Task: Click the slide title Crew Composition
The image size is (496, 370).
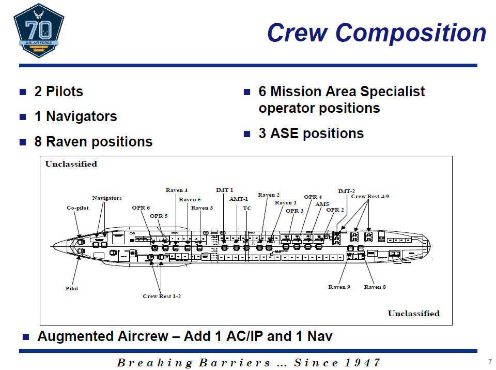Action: (376, 32)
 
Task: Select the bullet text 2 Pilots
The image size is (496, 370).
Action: (58, 92)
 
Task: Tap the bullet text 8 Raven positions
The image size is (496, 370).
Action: (93, 141)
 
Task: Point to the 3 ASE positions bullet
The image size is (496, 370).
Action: (311, 133)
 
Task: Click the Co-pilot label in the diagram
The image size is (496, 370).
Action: (79, 208)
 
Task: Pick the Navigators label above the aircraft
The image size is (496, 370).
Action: (107, 198)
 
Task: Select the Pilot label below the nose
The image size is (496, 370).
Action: (72, 288)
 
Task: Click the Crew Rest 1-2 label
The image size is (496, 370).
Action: (162, 296)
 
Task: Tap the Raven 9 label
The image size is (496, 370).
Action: (339, 287)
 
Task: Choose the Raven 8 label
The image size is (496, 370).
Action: (375, 287)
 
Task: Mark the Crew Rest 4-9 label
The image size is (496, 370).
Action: (370, 196)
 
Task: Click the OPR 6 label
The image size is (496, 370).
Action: (141, 208)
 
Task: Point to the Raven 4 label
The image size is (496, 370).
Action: (177, 190)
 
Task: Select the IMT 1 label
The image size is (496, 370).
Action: (224, 190)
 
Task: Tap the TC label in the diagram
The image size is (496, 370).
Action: (247, 208)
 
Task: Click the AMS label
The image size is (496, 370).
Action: (322, 204)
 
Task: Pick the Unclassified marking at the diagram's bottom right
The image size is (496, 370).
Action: (413, 313)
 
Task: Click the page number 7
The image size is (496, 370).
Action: (489, 361)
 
